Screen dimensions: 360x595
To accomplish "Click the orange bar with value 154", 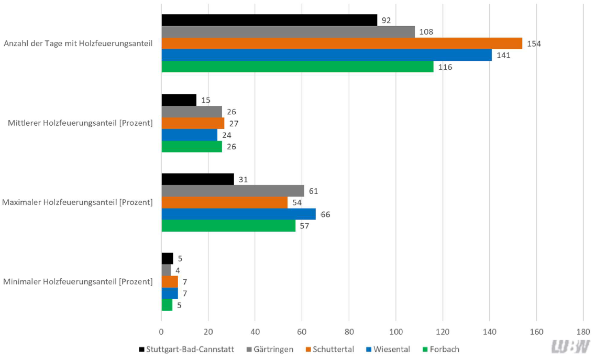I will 341,43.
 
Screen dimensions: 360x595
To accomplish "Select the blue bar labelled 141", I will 326,55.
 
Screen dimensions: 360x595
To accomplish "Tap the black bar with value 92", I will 269,20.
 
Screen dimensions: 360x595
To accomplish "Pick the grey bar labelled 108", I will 288,32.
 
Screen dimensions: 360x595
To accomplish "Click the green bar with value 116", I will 298,67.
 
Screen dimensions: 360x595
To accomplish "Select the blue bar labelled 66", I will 239,214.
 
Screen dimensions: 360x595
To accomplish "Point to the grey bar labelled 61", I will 233,191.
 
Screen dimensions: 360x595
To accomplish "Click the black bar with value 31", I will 197,179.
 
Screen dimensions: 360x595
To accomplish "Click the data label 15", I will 205,100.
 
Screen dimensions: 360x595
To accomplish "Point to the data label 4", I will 178,270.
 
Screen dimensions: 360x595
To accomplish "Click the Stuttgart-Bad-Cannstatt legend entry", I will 188,349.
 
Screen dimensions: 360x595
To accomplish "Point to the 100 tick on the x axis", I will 395,332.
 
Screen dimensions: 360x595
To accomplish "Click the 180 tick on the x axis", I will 583,332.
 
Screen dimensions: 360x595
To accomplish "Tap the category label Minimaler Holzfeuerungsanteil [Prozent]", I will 78,282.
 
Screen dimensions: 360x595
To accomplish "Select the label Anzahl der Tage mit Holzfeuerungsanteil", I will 78,43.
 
